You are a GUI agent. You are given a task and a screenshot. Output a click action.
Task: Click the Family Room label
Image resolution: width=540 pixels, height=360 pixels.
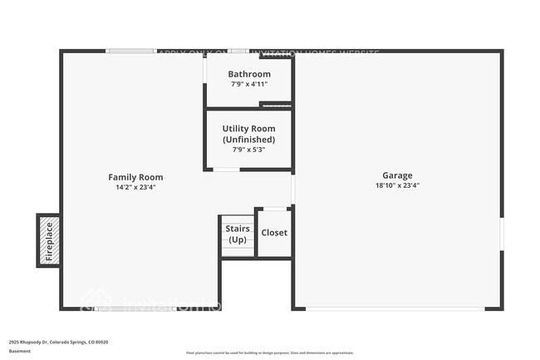(135, 177)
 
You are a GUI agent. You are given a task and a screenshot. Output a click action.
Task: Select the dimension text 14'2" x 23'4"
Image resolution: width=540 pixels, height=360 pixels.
(135, 188)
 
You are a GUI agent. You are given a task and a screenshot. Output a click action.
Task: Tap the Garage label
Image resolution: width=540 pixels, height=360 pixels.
(397, 176)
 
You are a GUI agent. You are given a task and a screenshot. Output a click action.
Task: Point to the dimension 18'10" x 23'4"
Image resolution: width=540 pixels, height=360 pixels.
(397, 187)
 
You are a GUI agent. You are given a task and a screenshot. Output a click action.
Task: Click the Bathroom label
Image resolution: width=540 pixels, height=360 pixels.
(249, 74)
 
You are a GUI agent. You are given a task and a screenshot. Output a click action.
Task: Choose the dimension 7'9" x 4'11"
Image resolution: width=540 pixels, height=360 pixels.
(249, 84)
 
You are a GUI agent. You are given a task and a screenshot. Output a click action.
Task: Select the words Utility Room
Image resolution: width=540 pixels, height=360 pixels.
(248, 129)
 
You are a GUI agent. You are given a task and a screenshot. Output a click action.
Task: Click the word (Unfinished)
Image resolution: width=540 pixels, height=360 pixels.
(248, 140)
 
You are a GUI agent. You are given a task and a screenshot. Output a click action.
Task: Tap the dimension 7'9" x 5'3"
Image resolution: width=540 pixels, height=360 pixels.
(248, 150)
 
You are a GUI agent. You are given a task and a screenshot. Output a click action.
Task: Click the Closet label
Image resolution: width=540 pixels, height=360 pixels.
(274, 233)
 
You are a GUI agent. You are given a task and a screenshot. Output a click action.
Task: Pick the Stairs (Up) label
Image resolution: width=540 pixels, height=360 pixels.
(237, 234)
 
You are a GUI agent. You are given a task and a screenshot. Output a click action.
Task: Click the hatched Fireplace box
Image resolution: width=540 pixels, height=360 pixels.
(48, 240)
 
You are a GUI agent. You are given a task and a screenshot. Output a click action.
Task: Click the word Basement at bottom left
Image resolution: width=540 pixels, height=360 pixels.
(20, 351)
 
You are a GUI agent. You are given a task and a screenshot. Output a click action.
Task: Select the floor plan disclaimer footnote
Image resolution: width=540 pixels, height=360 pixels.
(270, 353)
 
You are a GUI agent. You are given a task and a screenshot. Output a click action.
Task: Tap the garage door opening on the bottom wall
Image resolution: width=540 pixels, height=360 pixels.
(396, 308)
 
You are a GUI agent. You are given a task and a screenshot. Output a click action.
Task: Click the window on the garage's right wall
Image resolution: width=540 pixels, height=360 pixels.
(502, 234)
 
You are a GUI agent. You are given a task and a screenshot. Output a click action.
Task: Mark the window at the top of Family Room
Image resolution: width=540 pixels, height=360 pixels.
(131, 52)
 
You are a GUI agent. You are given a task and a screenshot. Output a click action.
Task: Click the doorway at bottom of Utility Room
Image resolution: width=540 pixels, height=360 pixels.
(227, 170)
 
